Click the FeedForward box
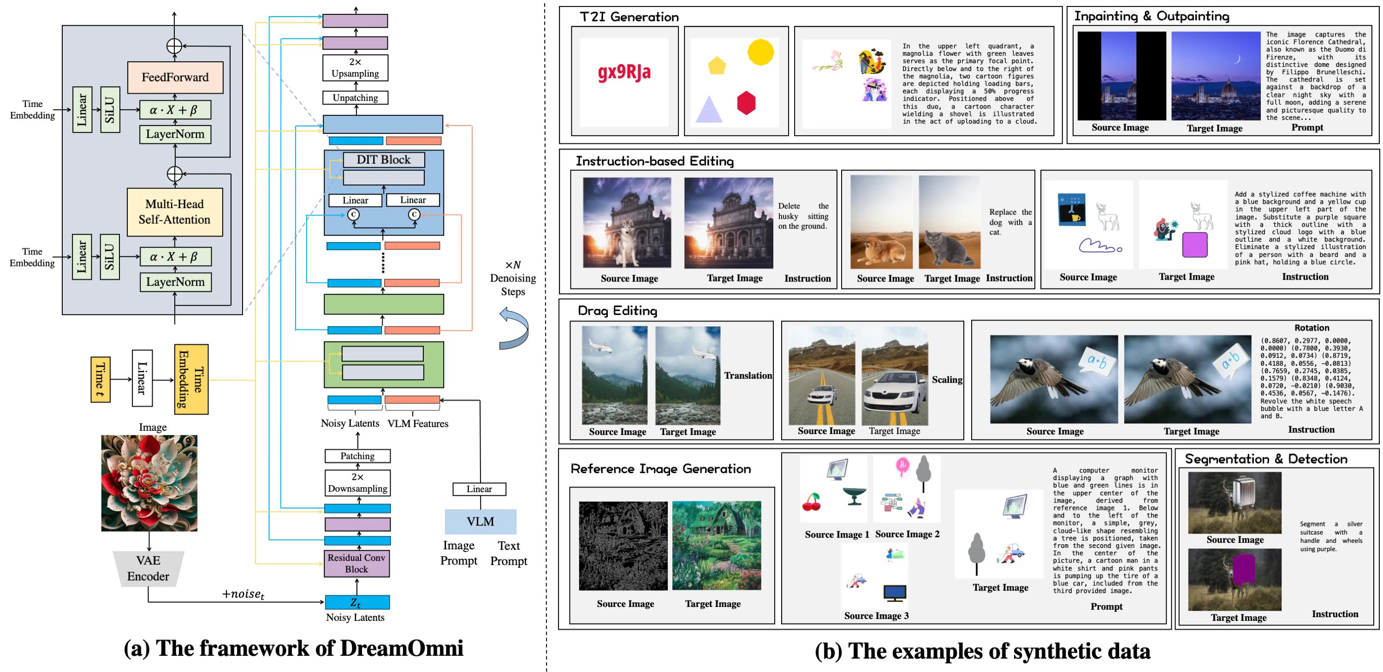pyautogui.click(x=175, y=77)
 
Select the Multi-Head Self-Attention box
pyautogui.click(x=174, y=212)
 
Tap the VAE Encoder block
pyautogui.click(x=148, y=568)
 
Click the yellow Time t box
pyautogui.click(x=101, y=379)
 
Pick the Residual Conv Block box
pyautogui.click(x=356, y=564)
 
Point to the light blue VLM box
pyautogui.click(x=480, y=522)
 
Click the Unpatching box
pyautogui.click(x=355, y=98)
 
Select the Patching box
pyautogui.click(x=357, y=456)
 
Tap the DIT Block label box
pyautogui.click(x=383, y=160)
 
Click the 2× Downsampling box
pyautogui.click(x=357, y=483)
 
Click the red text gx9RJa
pyautogui.click(x=624, y=71)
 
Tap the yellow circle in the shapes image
pyautogui.click(x=760, y=52)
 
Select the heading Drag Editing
pyautogui.click(x=617, y=310)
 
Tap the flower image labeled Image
pyautogui.click(x=149, y=483)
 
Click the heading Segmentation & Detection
pyautogui.click(x=1265, y=459)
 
